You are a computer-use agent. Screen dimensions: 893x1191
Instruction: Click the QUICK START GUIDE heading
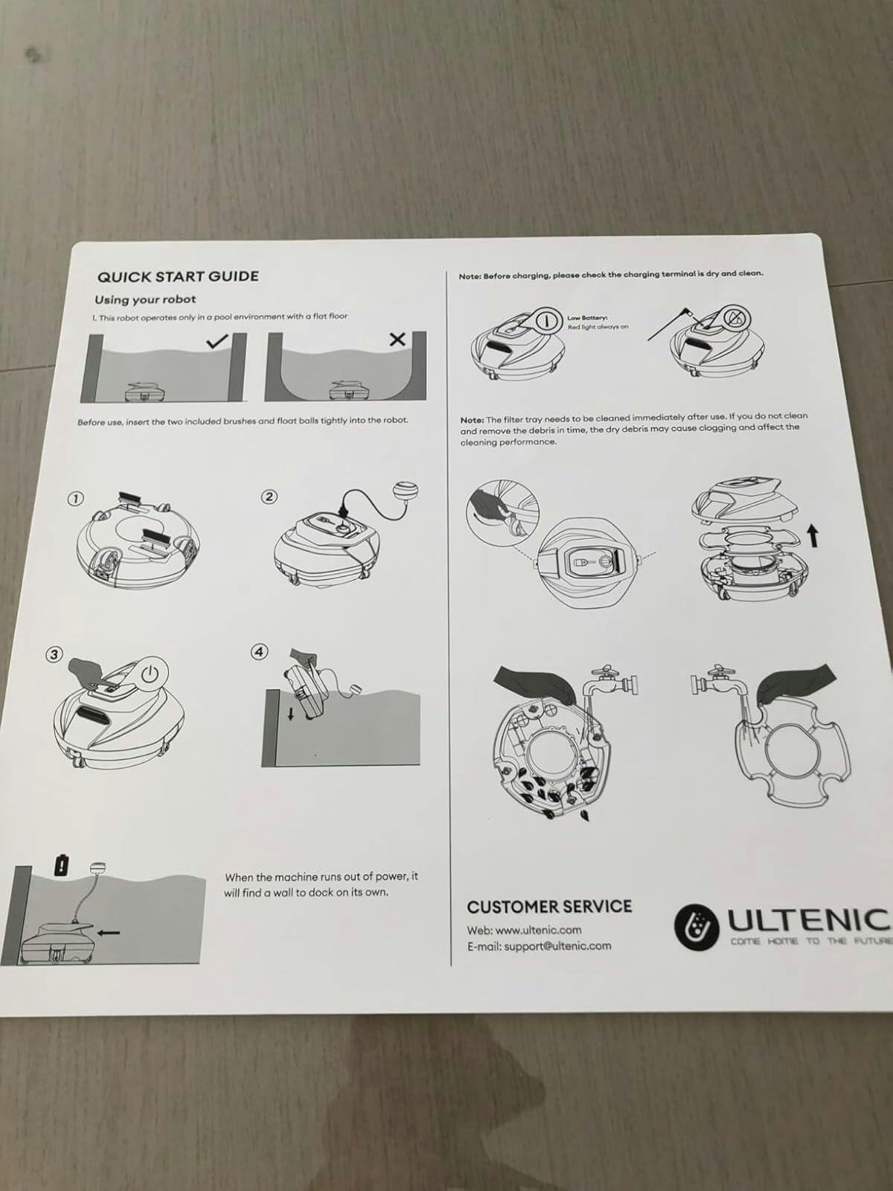[178, 276]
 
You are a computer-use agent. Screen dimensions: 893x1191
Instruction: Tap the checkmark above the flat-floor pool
[217, 341]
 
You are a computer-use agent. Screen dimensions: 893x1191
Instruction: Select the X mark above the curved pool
[398, 339]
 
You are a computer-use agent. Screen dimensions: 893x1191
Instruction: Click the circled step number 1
[74, 499]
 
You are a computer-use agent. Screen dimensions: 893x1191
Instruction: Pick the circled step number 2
[269, 496]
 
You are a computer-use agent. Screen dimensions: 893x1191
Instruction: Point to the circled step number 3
[53, 654]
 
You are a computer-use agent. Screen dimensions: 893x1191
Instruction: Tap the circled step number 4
[259, 651]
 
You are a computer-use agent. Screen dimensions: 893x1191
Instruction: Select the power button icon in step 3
[150, 675]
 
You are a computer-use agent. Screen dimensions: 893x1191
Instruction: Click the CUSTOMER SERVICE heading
[549, 907]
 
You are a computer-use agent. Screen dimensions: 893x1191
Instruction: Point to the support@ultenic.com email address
[558, 946]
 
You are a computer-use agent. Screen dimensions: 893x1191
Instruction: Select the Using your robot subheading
[145, 299]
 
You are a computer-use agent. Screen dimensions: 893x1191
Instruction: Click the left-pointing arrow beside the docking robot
[109, 932]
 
